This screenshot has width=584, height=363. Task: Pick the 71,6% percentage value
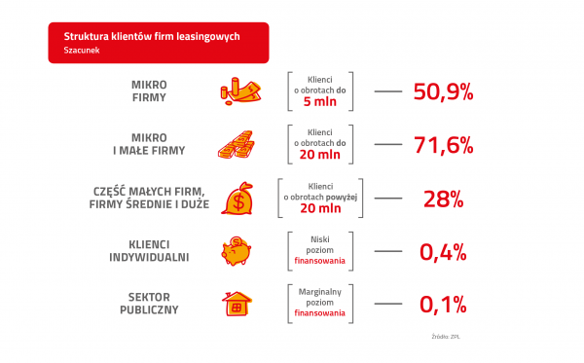(443, 146)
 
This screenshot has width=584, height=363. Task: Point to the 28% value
(443, 199)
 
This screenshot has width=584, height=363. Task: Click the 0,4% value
(443, 252)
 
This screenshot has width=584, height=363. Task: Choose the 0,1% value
(443, 305)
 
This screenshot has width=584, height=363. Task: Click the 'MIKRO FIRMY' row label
(149, 91)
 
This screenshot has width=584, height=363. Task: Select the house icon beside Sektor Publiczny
(235, 305)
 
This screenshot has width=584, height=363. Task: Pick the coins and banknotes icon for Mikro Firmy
(237, 91)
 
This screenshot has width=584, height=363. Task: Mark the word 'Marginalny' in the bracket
(320, 289)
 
